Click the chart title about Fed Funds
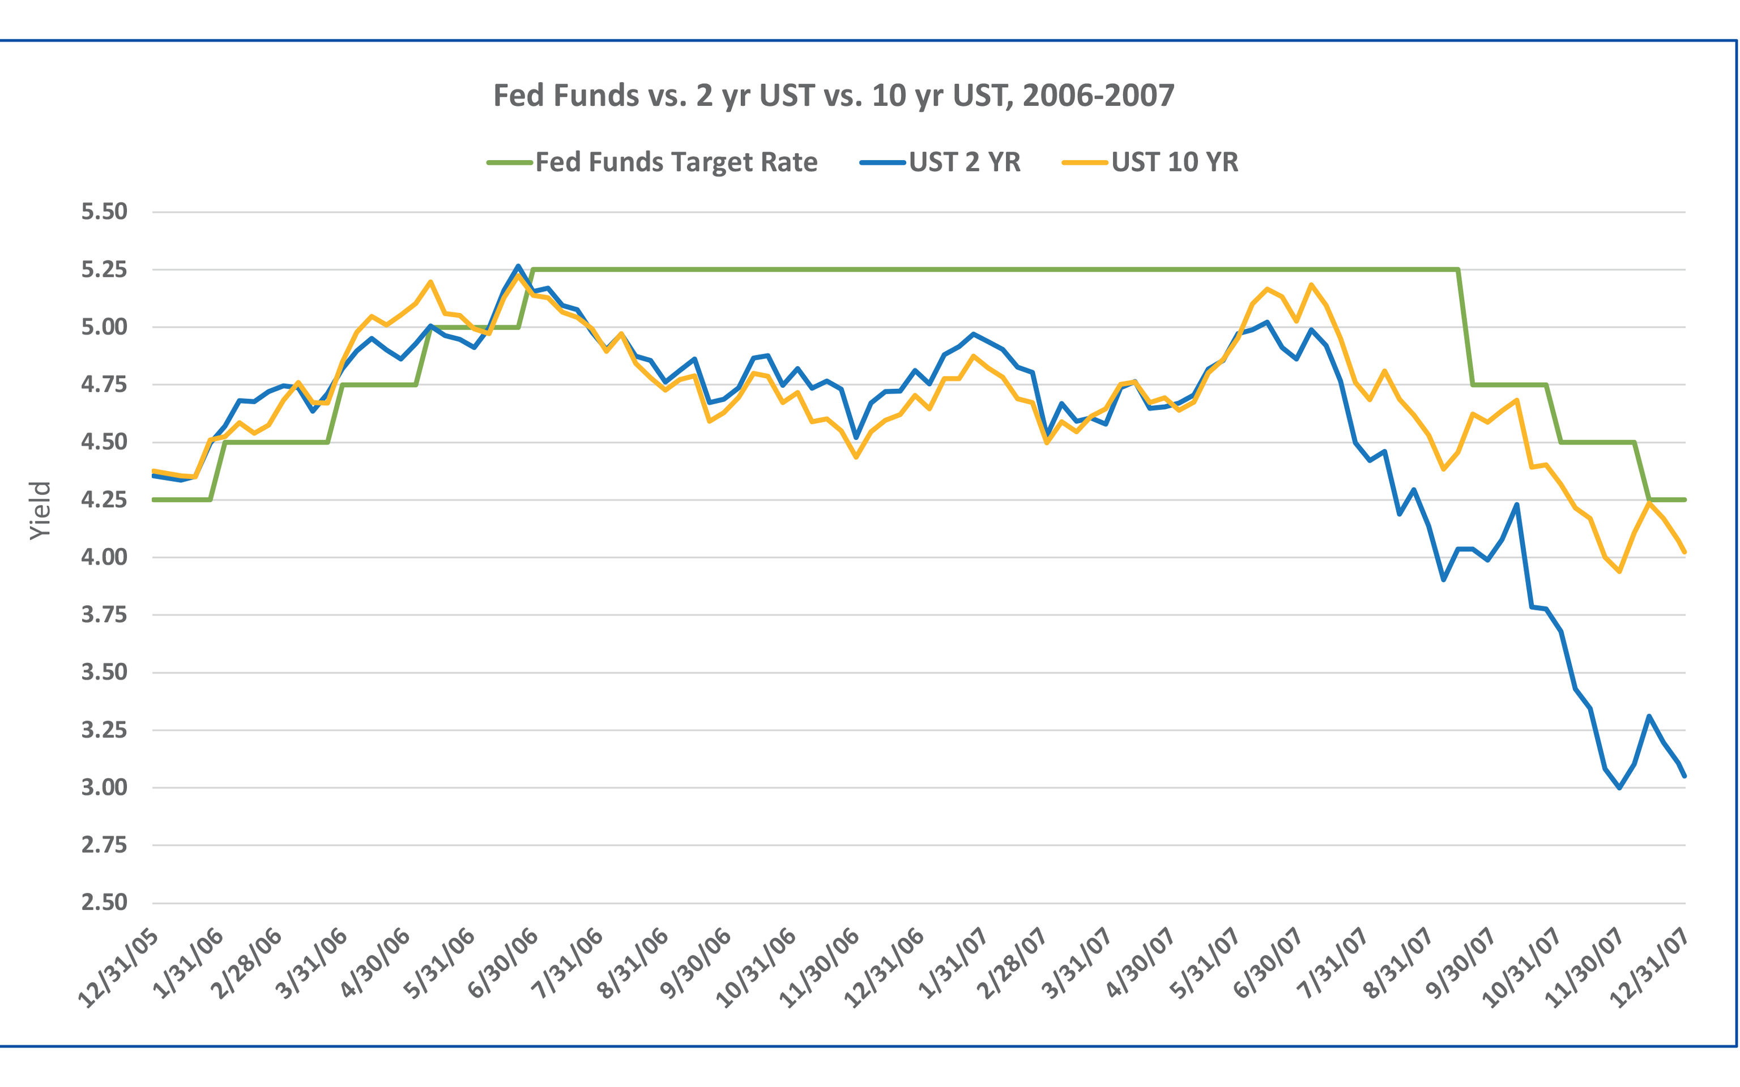click(x=833, y=95)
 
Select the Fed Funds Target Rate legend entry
click(x=676, y=162)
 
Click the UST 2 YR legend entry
click(x=963, y=162)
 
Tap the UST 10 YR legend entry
click(x=1174, y=162)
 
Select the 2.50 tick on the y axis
click(x=104, y=902)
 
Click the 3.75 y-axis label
click(x=104, y=615)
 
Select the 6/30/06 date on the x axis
click(x=504, y=964)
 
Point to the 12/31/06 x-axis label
click(x=884, y=968)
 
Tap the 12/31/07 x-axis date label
click(x=1649, y=968)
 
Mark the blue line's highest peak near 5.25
click(x=518, y=266)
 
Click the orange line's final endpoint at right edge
click(x=1684, y=551)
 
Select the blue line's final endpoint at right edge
click(x=1684, y=776)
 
